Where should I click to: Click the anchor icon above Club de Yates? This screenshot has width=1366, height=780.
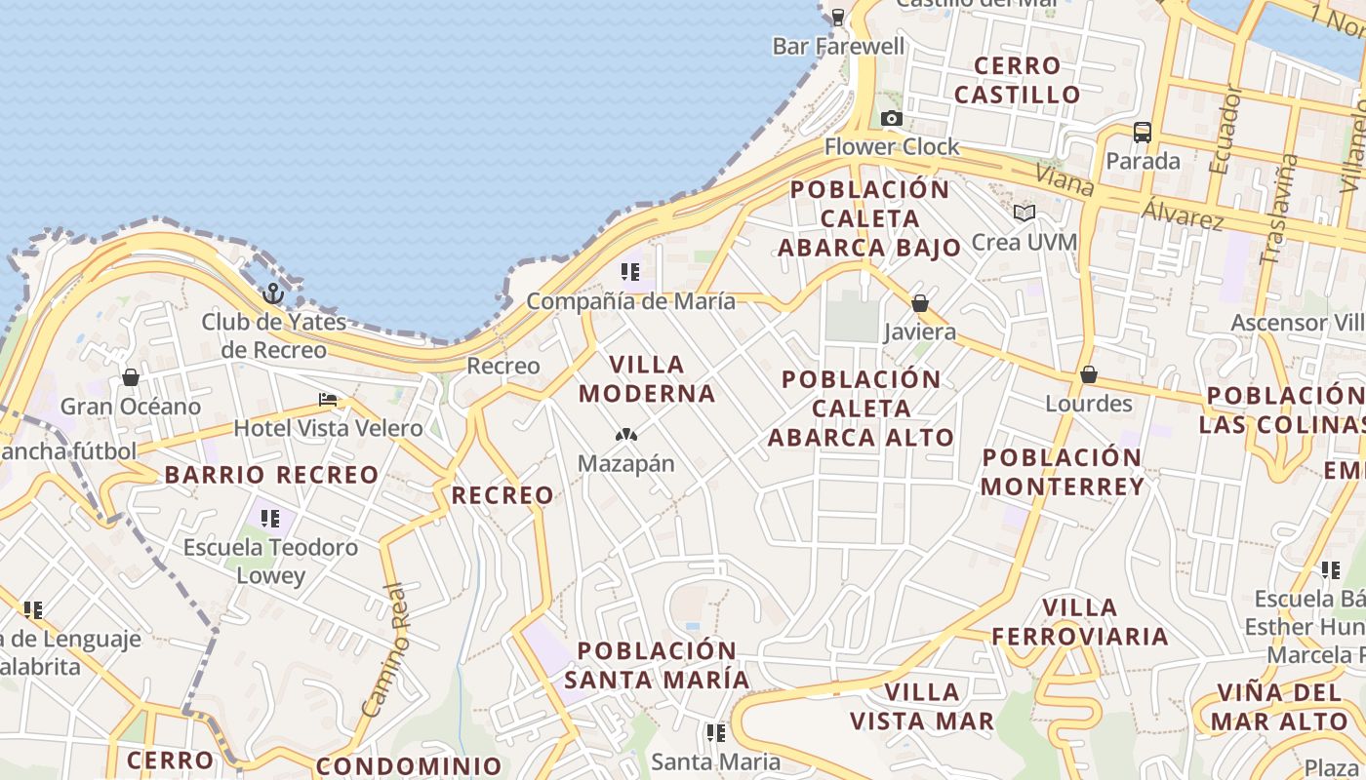pos(273,292)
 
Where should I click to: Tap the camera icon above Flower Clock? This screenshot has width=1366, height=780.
pos(891,119)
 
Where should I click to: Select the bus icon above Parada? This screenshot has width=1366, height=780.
pos(1143,132)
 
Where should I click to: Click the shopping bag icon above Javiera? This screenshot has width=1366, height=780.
pos(919,303)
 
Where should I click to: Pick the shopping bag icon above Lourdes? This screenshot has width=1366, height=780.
pos(1089,374)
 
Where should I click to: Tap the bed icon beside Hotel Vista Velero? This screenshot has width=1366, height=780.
pos(328,400)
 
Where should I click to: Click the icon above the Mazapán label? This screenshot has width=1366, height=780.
pos(626,434)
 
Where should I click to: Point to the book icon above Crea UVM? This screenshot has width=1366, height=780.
pos(1024,213)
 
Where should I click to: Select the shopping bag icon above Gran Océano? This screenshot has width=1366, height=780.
pos(131,377)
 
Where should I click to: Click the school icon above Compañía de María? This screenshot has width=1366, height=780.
pos(630,272)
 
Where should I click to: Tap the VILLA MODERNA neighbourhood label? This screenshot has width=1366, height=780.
pos(648,379)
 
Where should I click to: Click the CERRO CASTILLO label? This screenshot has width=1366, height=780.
pos(1018,80)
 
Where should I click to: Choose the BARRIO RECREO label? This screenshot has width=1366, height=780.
pos(271,475)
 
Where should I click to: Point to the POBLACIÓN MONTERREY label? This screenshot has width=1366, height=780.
pos(1062,472)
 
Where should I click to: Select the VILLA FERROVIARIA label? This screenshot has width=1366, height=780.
pos(1080,622)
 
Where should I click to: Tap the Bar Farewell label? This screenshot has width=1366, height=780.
pos(839,46)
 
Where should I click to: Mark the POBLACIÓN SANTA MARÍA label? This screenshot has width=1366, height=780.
pos(657,665)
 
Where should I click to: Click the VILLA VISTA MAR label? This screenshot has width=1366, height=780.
pos(922,707)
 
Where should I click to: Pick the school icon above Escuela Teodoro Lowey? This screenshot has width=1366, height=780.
pos(270,518)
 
